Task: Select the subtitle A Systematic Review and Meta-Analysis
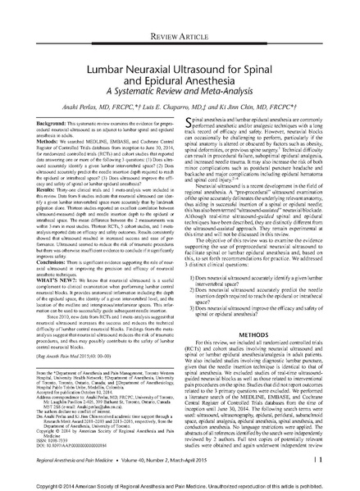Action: [180, 84]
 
